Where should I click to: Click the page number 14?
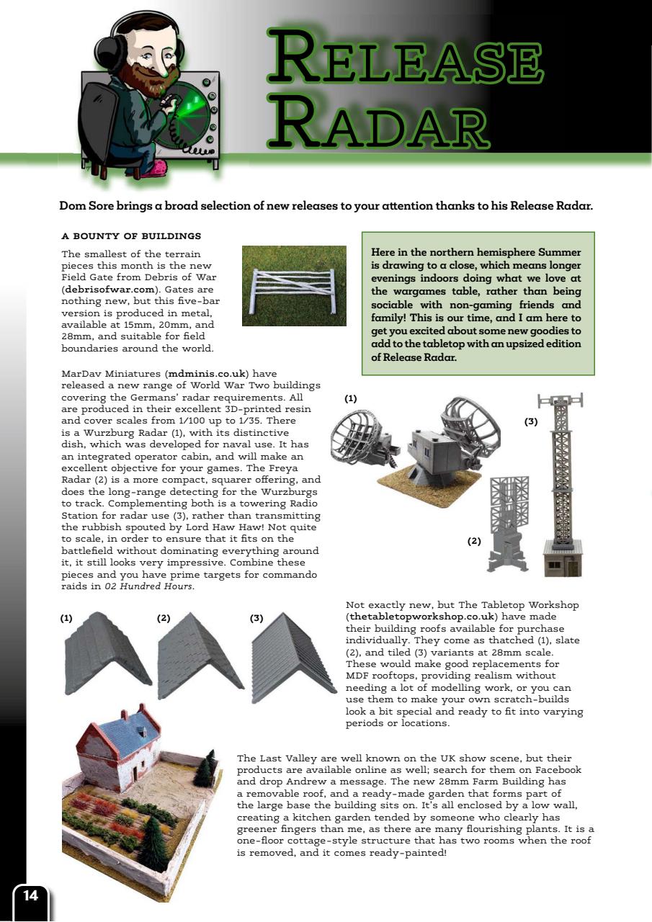tap(31, 895)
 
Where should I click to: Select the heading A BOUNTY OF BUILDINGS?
tap(131, 236)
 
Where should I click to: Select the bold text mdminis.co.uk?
tap(207, 374)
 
